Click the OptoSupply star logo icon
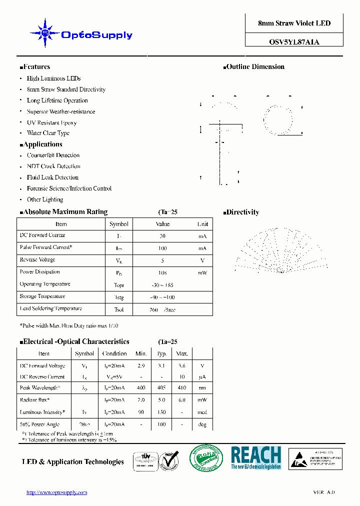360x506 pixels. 45,33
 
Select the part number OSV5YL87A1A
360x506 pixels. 294,42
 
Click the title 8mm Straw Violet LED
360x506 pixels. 294,23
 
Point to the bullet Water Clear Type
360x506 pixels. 48,133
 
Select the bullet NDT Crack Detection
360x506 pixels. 53,166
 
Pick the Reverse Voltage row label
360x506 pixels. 37,260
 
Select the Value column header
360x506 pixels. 162,224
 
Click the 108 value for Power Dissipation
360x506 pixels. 162,273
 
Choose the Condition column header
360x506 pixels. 114,353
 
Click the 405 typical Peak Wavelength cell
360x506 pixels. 161,388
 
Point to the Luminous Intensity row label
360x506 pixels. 42,412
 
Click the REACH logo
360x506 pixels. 255,457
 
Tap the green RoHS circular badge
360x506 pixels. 206,458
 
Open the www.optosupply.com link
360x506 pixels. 56,492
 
